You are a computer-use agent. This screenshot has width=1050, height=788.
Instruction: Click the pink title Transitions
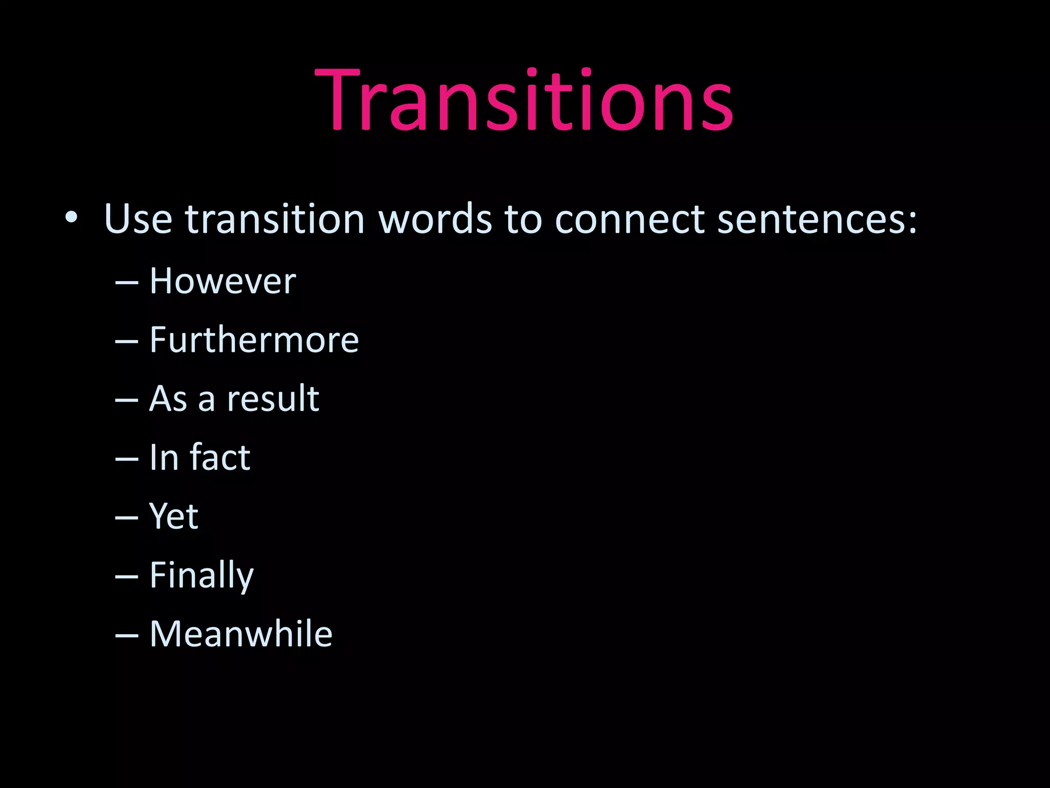524,100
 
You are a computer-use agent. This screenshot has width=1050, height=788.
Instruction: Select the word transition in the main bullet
275,219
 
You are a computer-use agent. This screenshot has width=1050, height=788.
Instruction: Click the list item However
223,281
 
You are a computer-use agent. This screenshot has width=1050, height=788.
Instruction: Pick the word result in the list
273,399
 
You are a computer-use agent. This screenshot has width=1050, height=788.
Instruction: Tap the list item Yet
174,516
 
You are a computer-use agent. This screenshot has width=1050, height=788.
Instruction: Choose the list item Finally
201,576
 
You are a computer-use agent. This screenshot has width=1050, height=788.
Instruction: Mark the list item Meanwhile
241,634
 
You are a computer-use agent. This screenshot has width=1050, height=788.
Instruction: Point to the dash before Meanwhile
127,636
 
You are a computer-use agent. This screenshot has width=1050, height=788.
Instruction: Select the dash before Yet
127,518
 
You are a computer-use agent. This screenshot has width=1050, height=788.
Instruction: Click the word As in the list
168,399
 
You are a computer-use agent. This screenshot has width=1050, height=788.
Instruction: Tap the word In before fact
164,457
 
